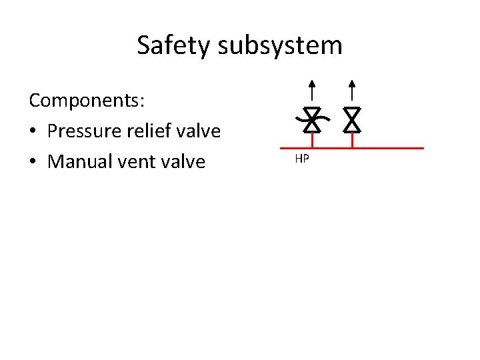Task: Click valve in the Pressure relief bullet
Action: pyautogui.click(x=197, y=131)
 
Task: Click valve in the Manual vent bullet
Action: pyautogui.click(x=182, y=162)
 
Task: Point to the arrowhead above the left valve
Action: pyautogui.click(x=312, y=85)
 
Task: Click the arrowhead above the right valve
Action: pyautogui.click(x=352, y=85)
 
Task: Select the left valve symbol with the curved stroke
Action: pyautogui.click(x=312, y=119)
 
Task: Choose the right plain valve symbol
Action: pyautogui.click(x=352, y=119)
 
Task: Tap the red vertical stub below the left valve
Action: pyautogui.click(x=312, y=139)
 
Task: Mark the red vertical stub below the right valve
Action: pyautogui.click(x=352, y=139)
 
